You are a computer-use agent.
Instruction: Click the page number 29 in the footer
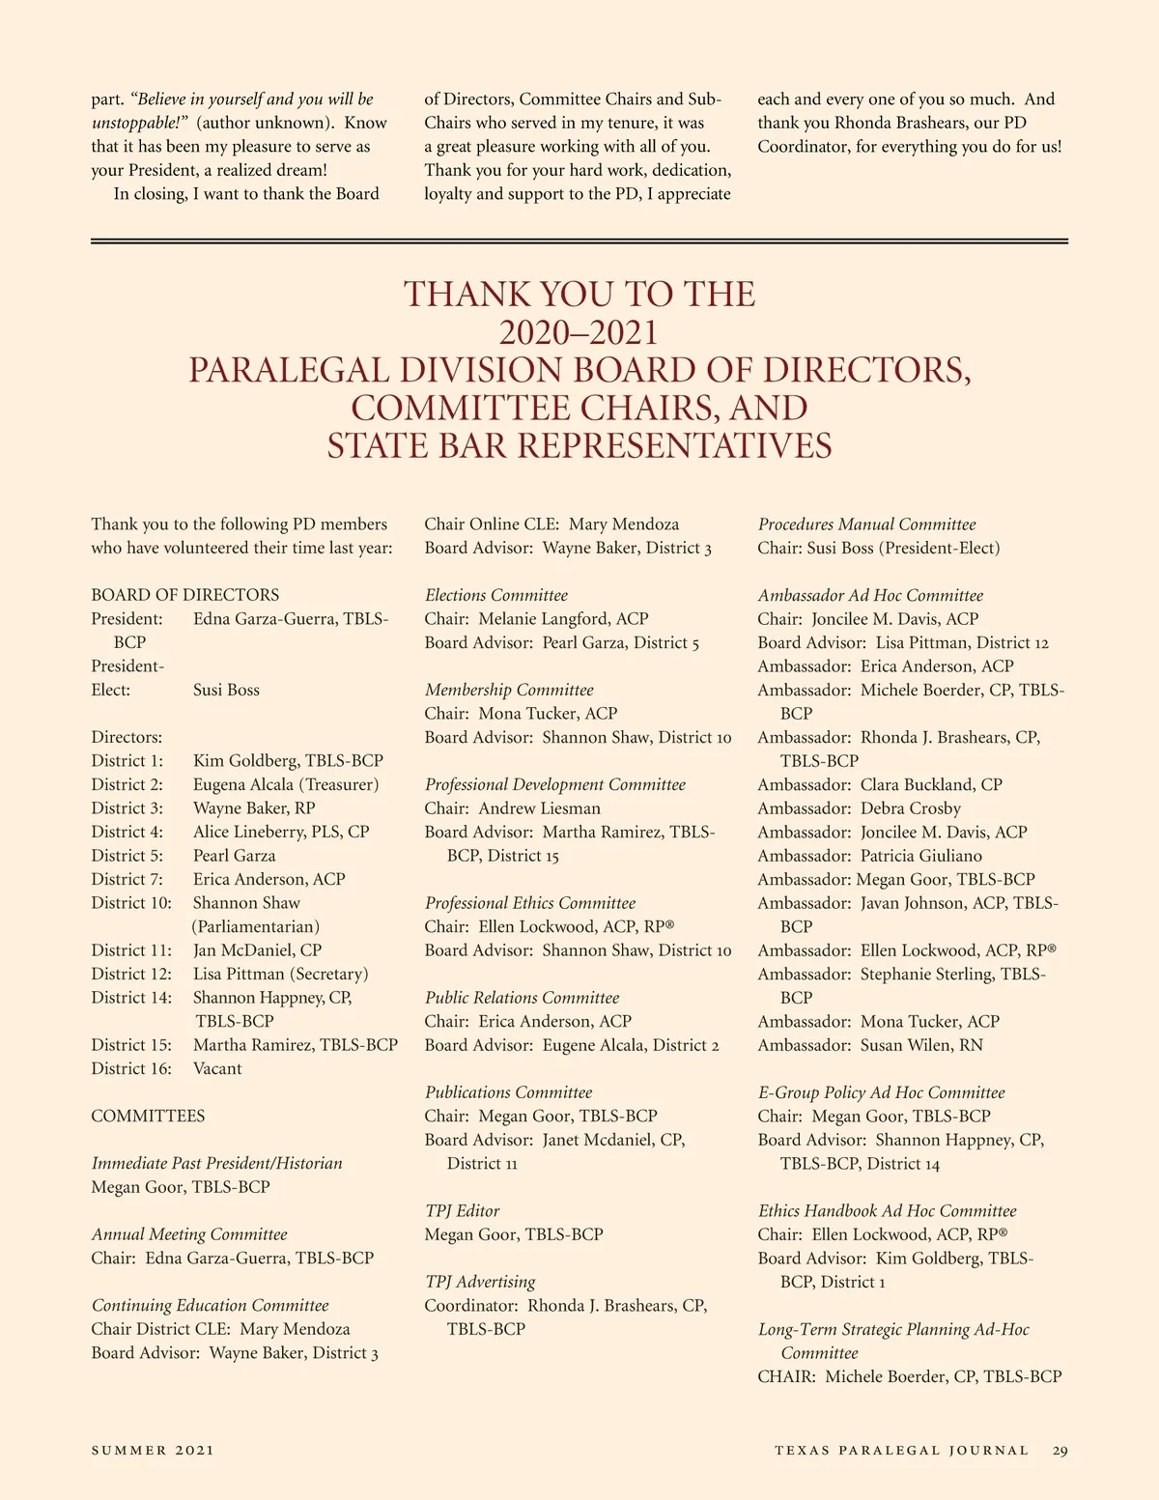[1060, 1450]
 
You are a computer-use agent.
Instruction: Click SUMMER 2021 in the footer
[153, 1450]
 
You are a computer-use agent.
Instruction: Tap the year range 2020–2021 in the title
[579, 332]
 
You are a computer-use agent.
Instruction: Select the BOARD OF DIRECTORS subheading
[185, 595]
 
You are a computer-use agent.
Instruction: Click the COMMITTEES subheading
[148, 1116]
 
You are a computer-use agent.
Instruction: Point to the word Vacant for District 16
[217, 1068]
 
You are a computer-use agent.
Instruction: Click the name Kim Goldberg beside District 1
[244, 760]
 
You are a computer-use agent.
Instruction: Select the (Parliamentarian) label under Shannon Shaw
[256, 926]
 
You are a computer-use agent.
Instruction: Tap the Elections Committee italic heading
[496, 595]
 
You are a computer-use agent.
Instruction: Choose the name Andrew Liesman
[539, 807]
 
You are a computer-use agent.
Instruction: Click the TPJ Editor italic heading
[463, 1210]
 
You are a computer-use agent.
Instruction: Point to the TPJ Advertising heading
[480, 1282]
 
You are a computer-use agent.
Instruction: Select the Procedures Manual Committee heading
[866, 524]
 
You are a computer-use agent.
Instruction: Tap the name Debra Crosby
[911, 807]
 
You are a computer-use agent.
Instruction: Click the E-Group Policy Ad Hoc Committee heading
[881, 1092]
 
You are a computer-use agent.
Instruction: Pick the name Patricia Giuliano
[920, 855]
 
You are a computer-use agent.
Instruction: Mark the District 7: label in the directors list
[127, 879]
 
